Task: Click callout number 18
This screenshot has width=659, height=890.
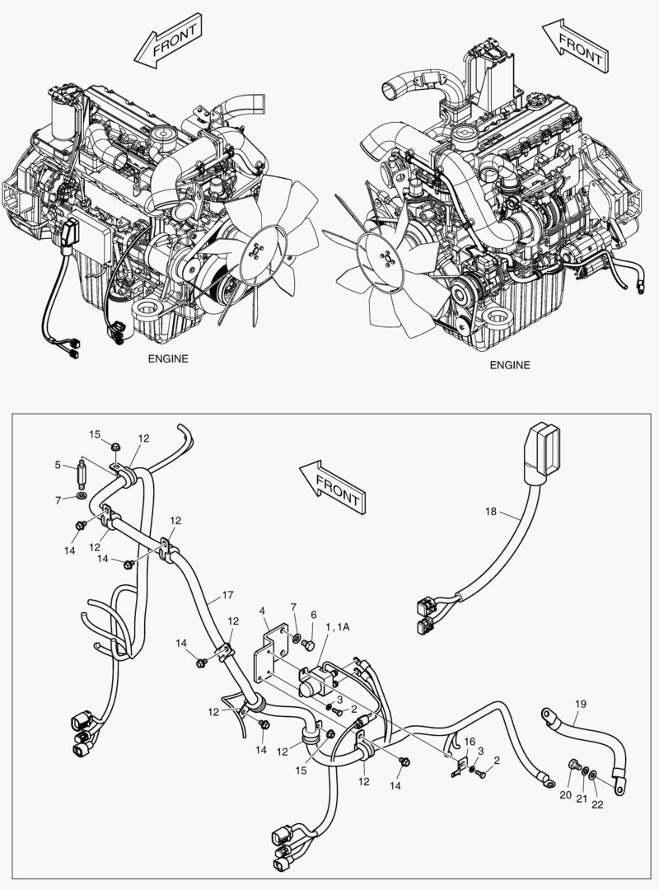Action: [491, 512]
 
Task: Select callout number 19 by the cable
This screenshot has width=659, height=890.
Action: [580, 705]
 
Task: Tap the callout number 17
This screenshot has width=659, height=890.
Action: [227, 594]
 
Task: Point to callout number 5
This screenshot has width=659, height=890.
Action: [58, 465]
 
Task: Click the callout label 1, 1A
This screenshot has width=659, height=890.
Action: [337, 627]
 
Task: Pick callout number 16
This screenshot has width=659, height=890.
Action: [470, 742]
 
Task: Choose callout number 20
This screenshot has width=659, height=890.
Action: [565, 795]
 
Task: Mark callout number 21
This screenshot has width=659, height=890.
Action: [582, 800]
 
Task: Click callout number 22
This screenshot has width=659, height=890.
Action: [597, 805]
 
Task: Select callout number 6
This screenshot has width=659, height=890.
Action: [313, 615]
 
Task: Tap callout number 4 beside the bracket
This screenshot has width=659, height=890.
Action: [262, 611]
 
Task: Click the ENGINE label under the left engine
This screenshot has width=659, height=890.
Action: [168, 358]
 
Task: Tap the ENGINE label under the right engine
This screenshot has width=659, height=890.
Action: [510, 365]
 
